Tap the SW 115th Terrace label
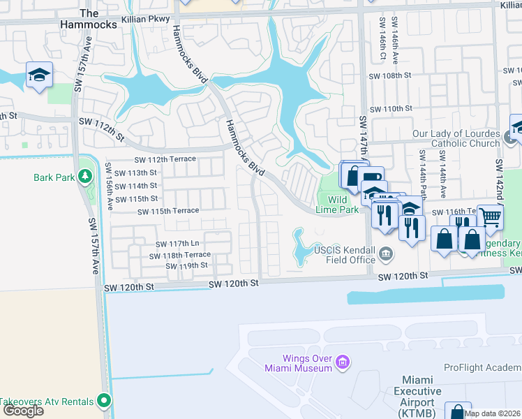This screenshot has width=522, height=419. [168, 212]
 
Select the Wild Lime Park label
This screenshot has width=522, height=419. [339, 205]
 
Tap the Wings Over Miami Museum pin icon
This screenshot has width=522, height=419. [343, 362]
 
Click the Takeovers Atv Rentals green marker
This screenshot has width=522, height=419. [104, 401]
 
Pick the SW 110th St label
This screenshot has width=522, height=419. [391, 109]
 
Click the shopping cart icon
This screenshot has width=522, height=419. [490, 216]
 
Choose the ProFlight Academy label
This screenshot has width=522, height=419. [482, 367]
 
